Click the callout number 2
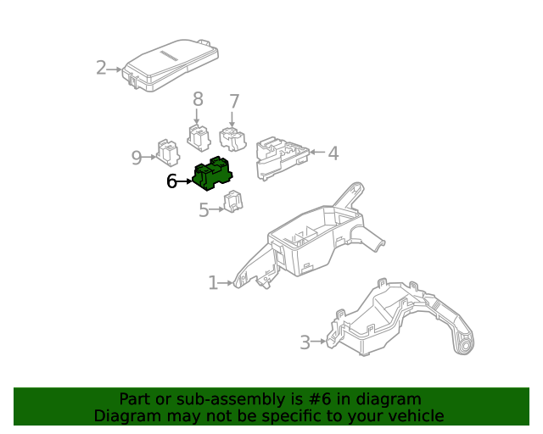[101, 68]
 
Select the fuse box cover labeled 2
[173, 64]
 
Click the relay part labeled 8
[199, 136]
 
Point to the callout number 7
[234, 101]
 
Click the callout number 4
[333, 153]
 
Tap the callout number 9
[137, 157]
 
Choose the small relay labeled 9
[167, 153]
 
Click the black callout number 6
[171, 181]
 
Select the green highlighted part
[213, 173]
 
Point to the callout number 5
[204, 210]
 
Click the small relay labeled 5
[232, 203]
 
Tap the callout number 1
[213, 282]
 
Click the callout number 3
[305, 342]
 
